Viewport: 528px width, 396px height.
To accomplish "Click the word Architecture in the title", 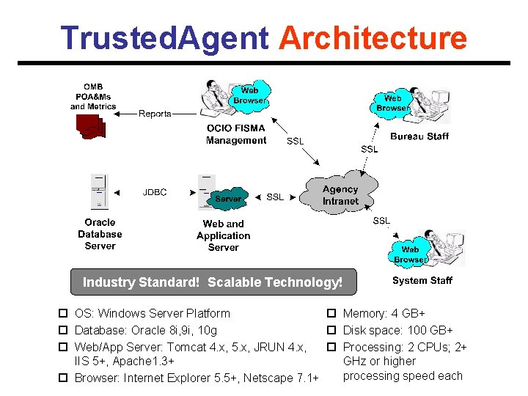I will pyautogui.click(x=373, y=38).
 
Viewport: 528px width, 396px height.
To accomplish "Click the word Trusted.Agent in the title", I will pyautogui.click(x=164, y=38).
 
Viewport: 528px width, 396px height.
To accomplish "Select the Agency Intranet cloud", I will pyautogui.click(x=340, y=195).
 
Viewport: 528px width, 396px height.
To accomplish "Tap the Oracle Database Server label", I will pyautogui.click(x=100, y=234).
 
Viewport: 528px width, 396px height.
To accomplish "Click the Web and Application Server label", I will pyautogui.click(x=224, y=235).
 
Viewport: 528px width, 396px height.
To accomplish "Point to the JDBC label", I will pyautogui.click(x=155, y=192).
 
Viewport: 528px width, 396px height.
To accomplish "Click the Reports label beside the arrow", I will pyautogui.click(x=155, y=114).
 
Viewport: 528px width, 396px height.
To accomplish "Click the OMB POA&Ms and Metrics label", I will pyautogui.click(x=93, y=97).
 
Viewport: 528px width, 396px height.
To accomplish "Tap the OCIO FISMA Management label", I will pyautogui.click(x=236, y=134).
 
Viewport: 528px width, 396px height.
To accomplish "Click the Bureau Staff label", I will pyautogui.click(x=419, y=136).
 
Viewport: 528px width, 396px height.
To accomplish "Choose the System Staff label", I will pyautogui.click(x=422, y=280).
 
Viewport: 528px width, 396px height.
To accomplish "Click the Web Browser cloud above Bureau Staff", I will pyautogui.click(x=393, y=103).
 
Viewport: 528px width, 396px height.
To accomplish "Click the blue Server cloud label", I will pyautogui.click(x=228, y=199).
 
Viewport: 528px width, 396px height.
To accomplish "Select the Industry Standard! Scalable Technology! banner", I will pyautogui.click(x=213, y=282).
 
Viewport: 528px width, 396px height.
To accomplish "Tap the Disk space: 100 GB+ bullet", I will pyautogui.click(x=397, y=330).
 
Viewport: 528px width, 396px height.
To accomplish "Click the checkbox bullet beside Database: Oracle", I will pyautogui.click(x=63, y=331).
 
